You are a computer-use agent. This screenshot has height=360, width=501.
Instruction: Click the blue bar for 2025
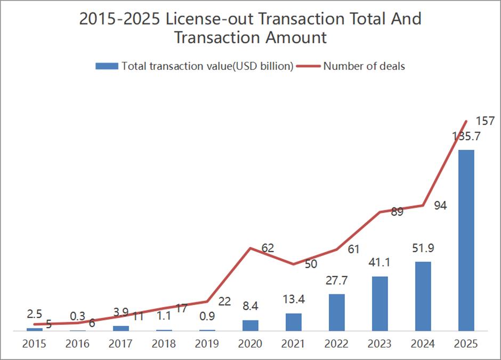click(466, 240)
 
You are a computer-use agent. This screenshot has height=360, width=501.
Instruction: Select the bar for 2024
click(423, 296)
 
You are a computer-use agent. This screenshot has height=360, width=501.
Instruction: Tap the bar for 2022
click(336, 312)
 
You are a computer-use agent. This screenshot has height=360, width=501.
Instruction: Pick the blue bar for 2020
click(250, 325)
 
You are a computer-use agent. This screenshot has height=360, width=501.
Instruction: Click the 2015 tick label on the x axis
click(34, 344)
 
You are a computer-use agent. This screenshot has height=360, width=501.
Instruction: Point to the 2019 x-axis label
click(207, 344)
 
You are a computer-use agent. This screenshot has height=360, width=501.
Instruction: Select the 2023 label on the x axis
click(379, 344)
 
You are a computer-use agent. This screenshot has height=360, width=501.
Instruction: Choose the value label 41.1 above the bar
click(381, 263)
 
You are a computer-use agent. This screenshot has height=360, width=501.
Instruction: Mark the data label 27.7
click(337, 281)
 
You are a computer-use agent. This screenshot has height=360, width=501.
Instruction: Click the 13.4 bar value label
click(294, 301)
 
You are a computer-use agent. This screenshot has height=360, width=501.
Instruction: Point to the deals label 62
click(268, 248)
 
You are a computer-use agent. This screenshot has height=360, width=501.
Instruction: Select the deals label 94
click(440, 206)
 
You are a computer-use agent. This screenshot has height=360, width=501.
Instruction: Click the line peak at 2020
click(250, 248)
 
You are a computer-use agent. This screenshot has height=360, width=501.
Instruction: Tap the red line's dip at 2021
click(293, 264)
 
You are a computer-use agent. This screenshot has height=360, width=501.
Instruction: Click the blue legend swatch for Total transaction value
click(106, 67)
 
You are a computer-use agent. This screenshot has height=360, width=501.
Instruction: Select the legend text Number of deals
click(364, 67)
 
